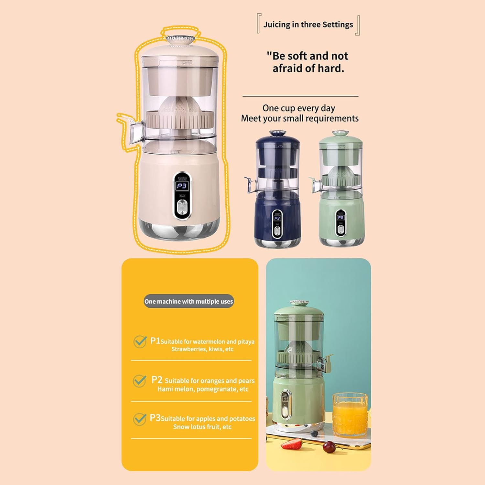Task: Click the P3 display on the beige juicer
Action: (x=182, y=186)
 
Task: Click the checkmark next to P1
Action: (x=140, y=341)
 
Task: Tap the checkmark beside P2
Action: (x=139, y=381)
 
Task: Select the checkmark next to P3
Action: (x=139, y=419)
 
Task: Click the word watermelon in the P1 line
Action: (x=209, y=342)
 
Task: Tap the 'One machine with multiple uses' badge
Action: (x=189, y=301)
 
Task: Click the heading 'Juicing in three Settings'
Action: (x=308, y=25)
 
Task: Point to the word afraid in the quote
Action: (x=288, y=69)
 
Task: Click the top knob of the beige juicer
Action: (x=181, y=39)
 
